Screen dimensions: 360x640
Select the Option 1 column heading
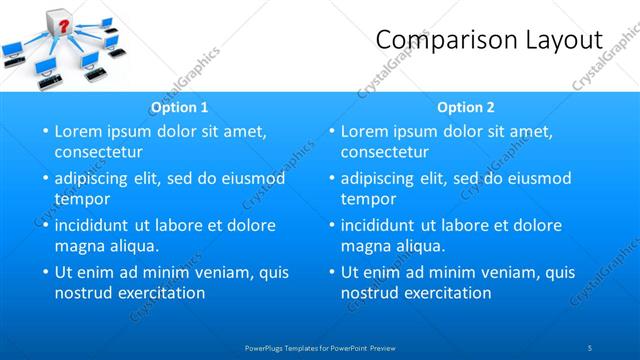[179, 107]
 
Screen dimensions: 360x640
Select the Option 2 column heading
[466, 107]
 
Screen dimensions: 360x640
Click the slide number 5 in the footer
[590, 347]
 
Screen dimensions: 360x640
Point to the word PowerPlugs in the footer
[264, 347]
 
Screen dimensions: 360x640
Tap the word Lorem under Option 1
[79, 131]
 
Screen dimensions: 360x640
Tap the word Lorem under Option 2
[365, 131]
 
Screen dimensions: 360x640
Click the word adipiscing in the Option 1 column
[96, 179]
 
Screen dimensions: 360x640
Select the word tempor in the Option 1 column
[82, 199]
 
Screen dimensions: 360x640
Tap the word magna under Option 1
[80, 245]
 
